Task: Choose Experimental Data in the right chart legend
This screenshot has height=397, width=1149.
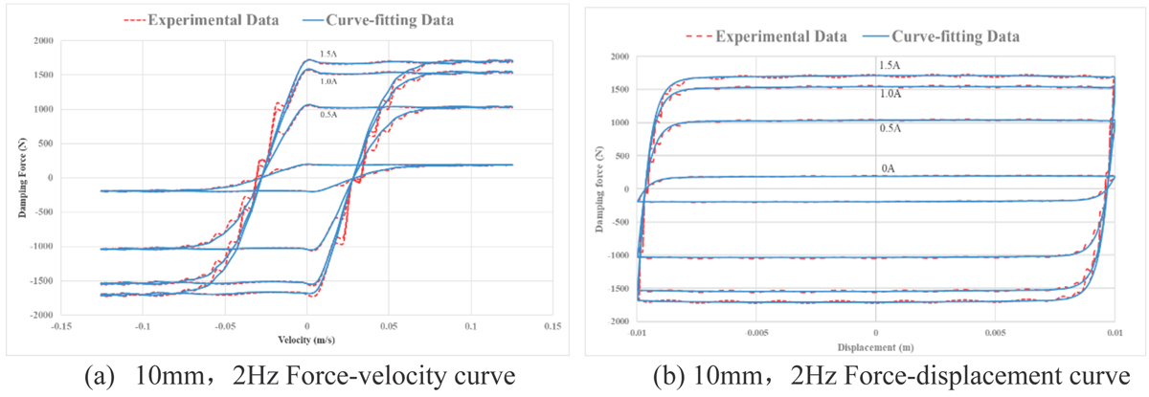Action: coord(778,36)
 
